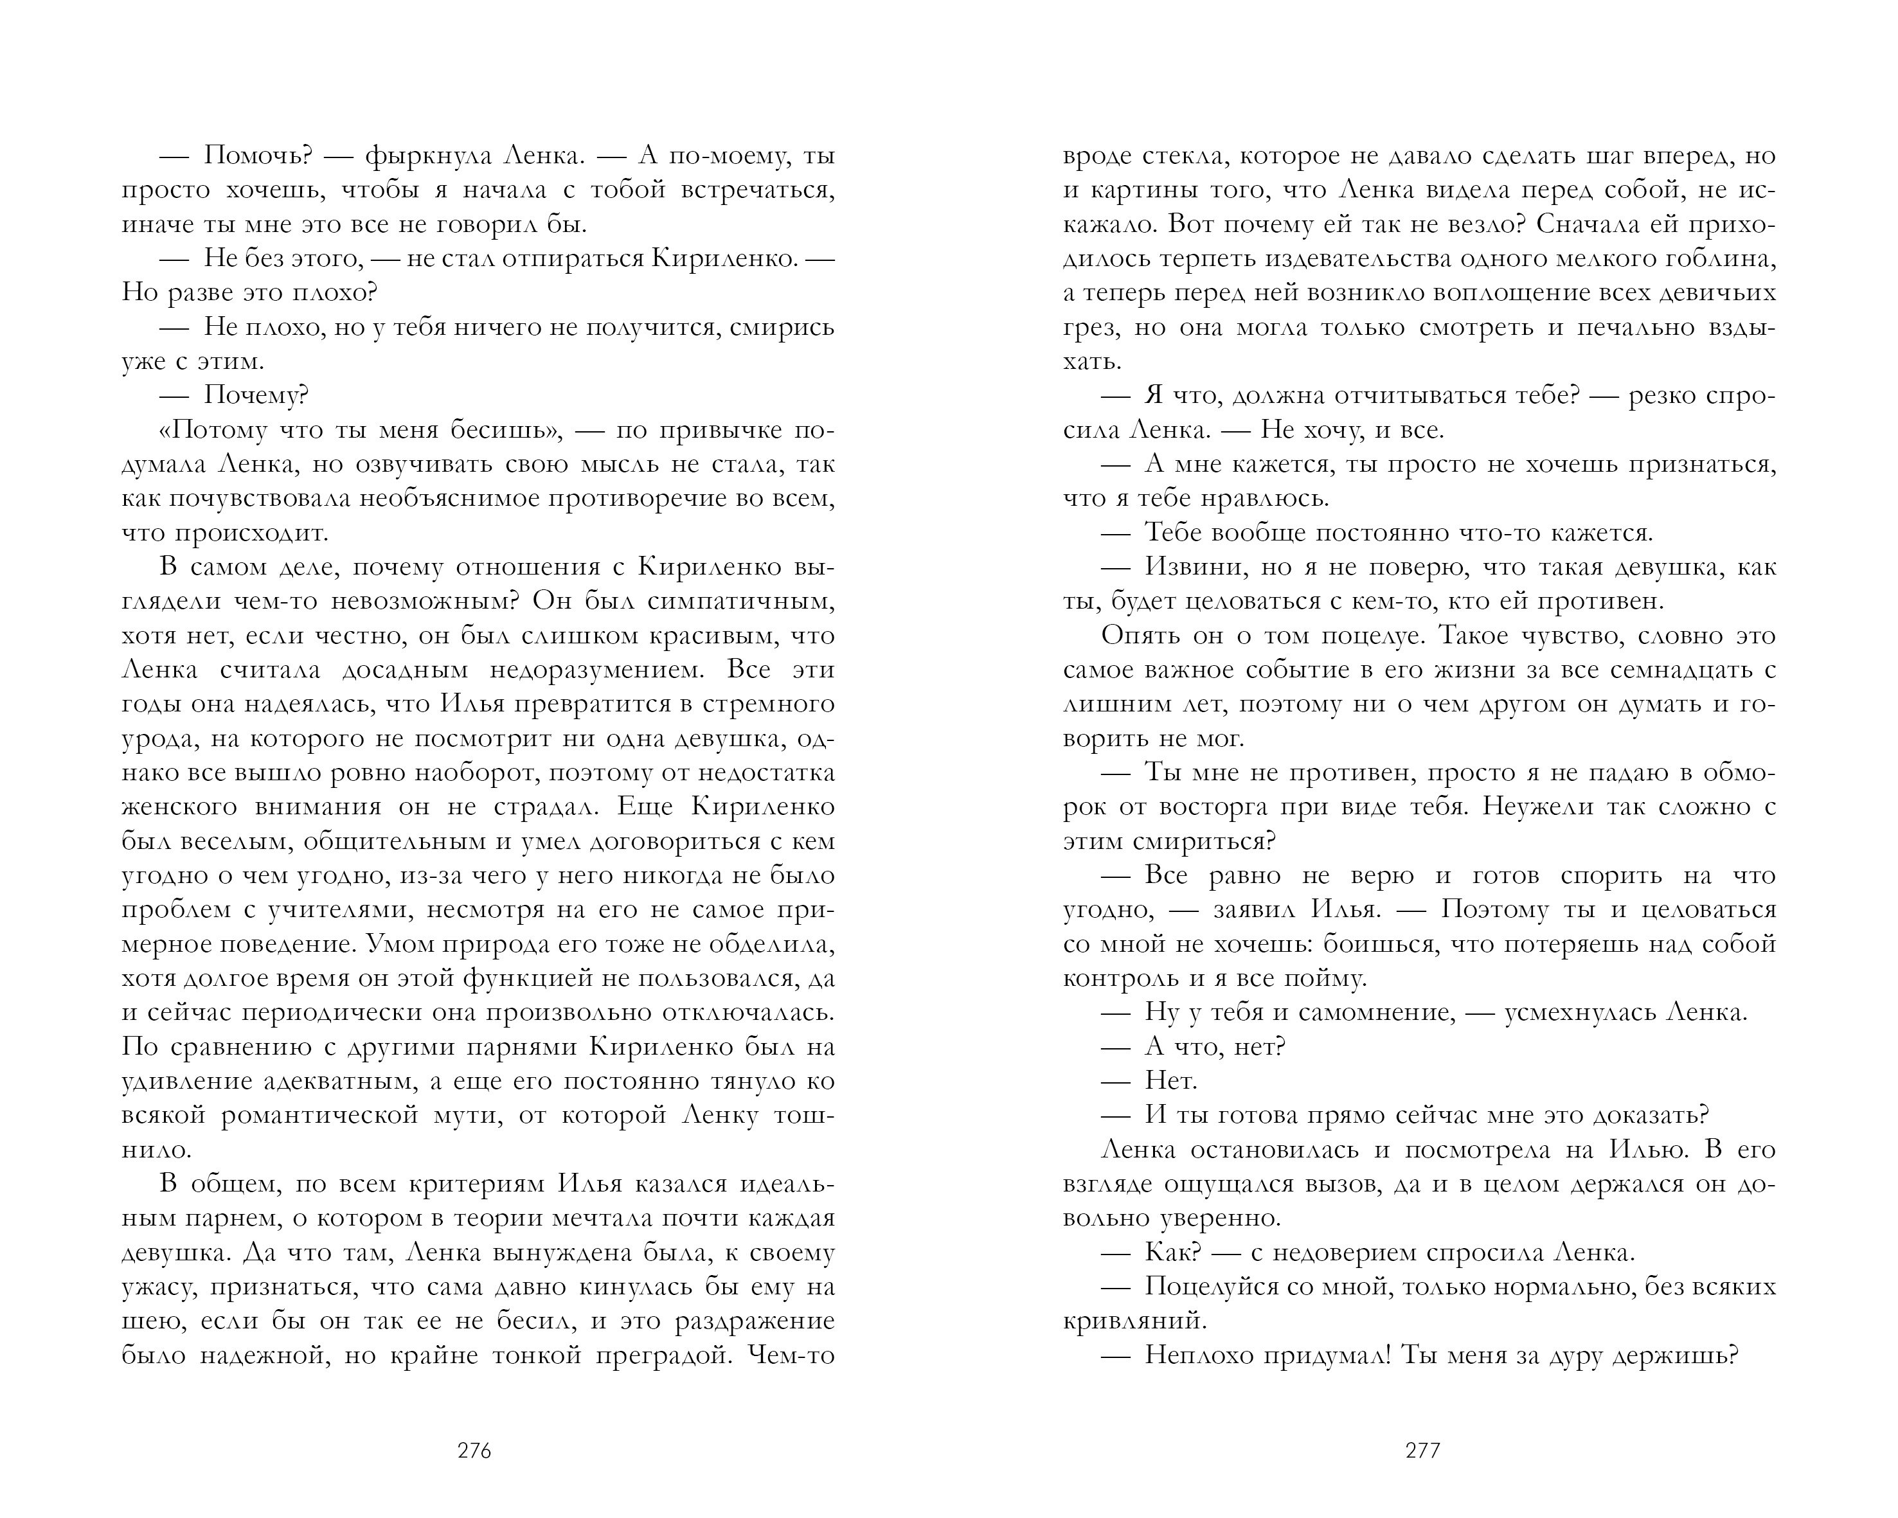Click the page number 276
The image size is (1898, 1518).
474,1451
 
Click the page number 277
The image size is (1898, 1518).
1422,1451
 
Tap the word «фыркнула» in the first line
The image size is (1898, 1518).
419,156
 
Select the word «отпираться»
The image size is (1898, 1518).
554,259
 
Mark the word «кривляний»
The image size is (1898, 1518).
1132,1322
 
